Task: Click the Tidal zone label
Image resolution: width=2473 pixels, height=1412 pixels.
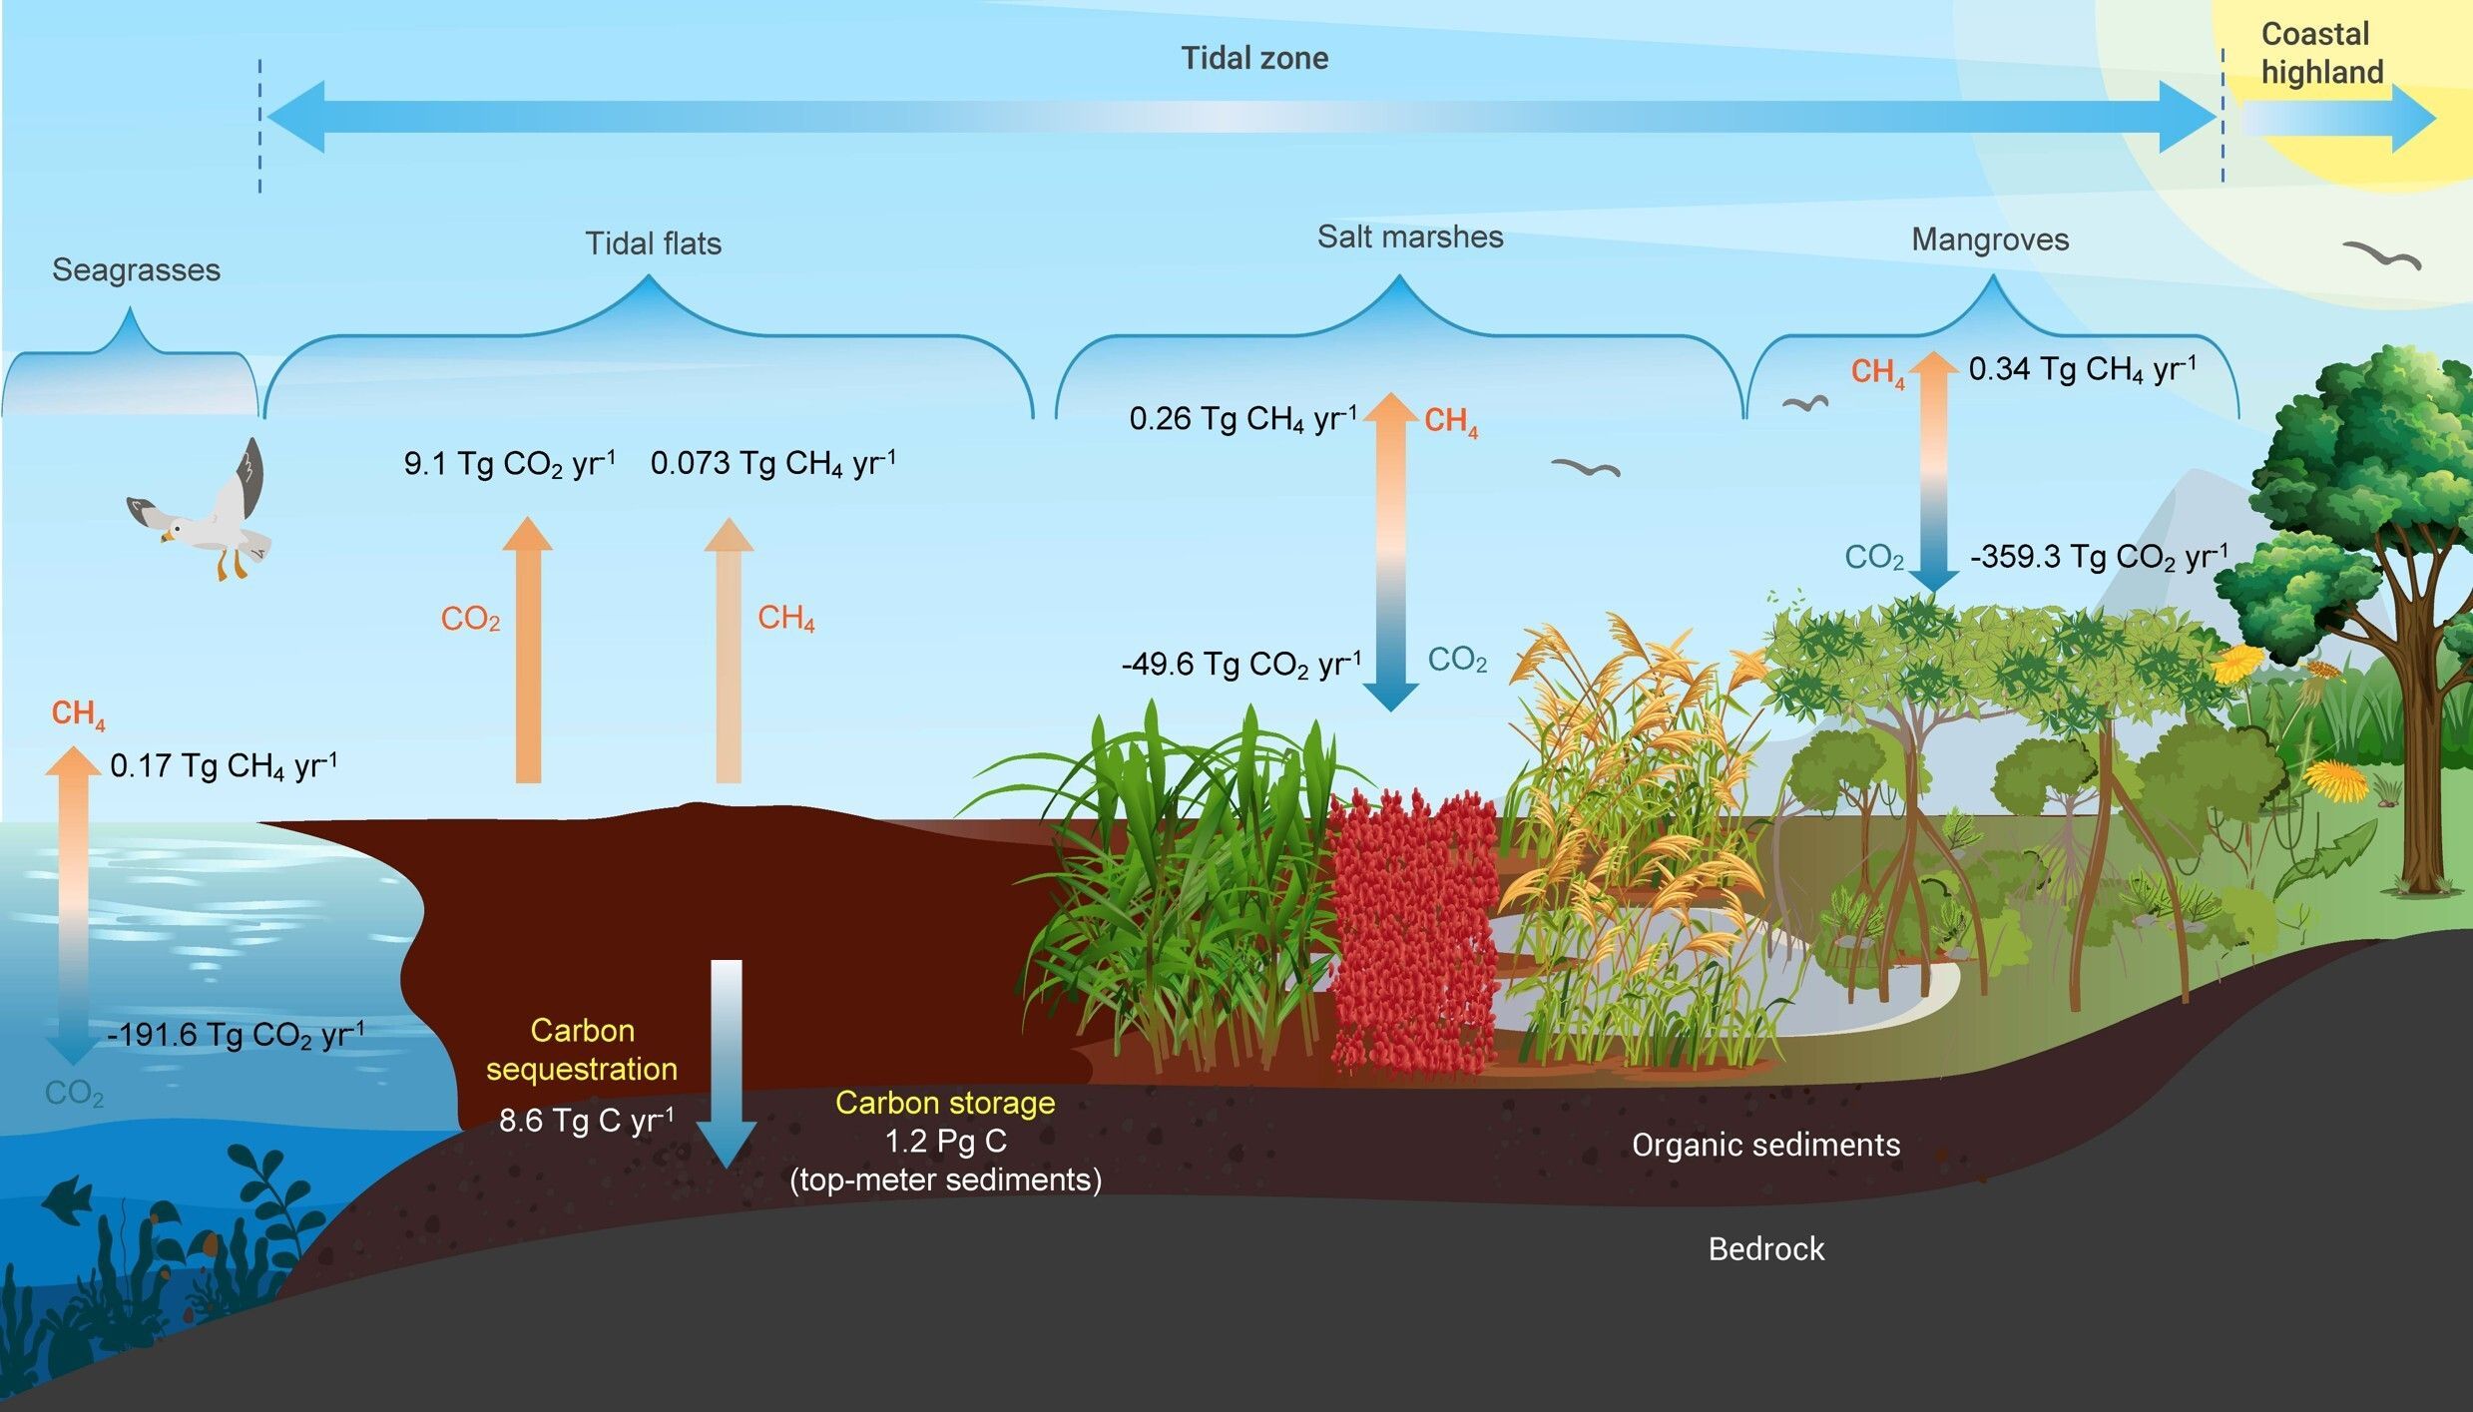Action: (x=1254, y=58)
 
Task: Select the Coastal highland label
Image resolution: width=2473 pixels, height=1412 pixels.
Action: (x=2321, y=53)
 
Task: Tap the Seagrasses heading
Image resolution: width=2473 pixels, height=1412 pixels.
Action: (x=136, y=269)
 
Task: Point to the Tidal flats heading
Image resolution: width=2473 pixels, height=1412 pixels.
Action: (x=653, y=243)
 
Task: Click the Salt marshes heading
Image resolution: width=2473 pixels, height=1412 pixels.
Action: (x=1409, y=236)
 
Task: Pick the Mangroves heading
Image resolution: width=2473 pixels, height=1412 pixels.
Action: (x=1990, y=239)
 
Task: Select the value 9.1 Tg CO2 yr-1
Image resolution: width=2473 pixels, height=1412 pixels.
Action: (x=509, y=463)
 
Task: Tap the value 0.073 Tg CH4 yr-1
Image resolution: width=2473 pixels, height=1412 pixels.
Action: (x=772, y=463)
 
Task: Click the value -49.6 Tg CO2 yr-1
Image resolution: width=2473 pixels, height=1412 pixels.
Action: (x=1240, y=664)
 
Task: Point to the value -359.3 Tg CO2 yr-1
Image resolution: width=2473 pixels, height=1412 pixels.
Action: (x=2098, y=556)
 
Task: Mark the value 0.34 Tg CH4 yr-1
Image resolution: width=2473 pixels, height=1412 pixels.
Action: (x=2082, y=369)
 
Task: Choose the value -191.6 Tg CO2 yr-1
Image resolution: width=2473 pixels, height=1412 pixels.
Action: (x=236, y=1034)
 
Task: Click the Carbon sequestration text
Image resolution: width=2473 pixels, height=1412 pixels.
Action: (x=582, y=1049)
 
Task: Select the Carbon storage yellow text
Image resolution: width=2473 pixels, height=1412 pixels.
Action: (x=945, y=1103)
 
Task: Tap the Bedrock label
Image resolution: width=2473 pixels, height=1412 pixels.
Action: (x=1765, y=1248)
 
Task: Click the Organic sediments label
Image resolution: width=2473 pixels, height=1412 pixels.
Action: (x=1765, y=1145)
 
